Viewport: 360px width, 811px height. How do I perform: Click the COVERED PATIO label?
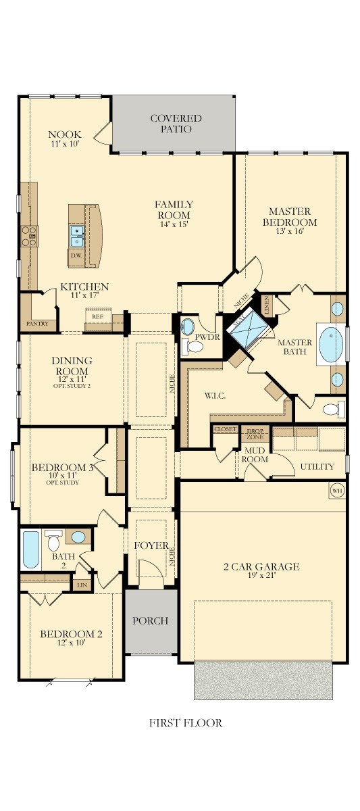pos(176,124)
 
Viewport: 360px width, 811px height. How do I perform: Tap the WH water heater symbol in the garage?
pos(336,490)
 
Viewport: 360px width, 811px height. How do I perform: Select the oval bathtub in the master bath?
pos(331,345)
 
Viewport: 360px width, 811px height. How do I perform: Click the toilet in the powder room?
pos(195,347)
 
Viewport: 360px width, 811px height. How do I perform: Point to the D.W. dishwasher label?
pos(76,255)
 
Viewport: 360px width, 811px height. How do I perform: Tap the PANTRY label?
pos(36,324)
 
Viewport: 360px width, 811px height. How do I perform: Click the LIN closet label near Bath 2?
pos(82,585)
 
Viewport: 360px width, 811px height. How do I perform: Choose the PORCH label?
pos(150,620)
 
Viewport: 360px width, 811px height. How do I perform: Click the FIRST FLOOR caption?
pos(185,723)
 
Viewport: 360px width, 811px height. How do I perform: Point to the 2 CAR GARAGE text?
pos(261,566)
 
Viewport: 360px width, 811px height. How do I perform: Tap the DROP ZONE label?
pos(255,433)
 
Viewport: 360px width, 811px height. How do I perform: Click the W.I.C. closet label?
pos(215,395)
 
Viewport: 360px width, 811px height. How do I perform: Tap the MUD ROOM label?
pos(256,454)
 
